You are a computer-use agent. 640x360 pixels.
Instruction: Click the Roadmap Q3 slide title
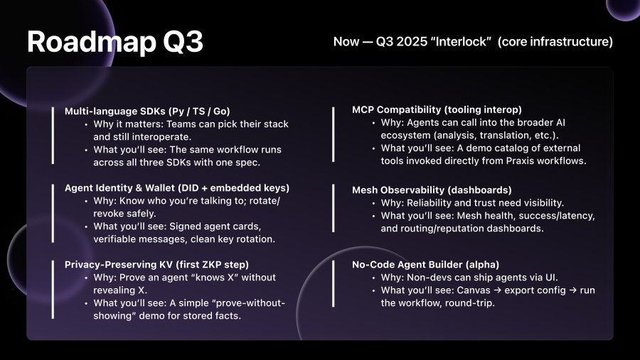(115, 42)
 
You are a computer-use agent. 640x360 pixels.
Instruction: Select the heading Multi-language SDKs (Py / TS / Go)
(147, 111)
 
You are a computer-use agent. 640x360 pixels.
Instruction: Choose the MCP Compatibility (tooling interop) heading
(437, 110)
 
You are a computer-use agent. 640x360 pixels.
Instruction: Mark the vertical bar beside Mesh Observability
(334, 209)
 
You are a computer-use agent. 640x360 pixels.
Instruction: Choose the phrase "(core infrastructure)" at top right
(555, 42)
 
